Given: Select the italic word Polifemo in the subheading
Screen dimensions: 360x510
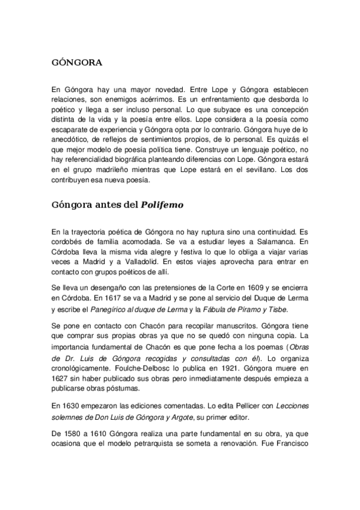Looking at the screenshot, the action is point(162,204).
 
